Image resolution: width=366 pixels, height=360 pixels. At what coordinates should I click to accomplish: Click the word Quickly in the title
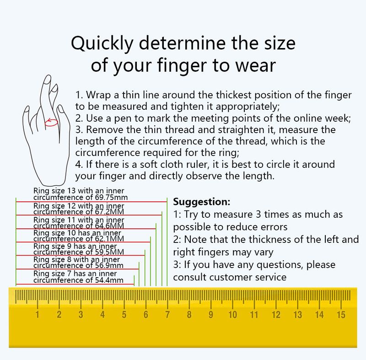point(102,43)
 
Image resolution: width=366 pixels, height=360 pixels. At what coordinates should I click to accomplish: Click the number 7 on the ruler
point(167,315)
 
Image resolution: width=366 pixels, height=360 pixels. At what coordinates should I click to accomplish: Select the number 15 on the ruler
point(341,315)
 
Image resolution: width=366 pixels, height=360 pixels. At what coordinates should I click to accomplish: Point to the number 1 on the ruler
point(38,315)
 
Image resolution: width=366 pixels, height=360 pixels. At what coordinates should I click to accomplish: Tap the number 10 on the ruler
point(232,315)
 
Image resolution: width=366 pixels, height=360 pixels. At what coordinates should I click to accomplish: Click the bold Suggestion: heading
point(202,202)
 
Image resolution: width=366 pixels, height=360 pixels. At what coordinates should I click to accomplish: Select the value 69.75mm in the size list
point(112,197)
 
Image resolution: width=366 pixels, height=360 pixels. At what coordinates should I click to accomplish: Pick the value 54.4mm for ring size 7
point(109,280)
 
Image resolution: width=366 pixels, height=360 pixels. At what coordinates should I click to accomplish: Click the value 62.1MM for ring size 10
point(109,239)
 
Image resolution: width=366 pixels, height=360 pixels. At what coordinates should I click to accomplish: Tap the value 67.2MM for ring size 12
point(109,212)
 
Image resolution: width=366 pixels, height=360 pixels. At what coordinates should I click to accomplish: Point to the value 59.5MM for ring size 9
point(109,252)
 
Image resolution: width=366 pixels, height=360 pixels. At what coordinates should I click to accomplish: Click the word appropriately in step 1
point(248,107)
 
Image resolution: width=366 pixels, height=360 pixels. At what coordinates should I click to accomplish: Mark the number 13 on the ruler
point(298,315)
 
